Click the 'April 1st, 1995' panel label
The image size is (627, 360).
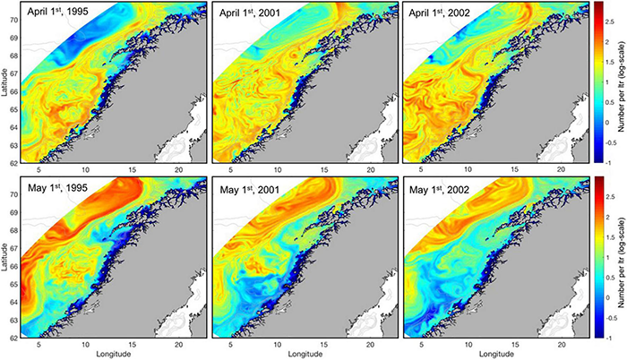[x=62, y=13]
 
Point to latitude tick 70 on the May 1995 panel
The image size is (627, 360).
[x=15, y=192]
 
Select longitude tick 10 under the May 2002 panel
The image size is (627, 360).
[x=463, y=345]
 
